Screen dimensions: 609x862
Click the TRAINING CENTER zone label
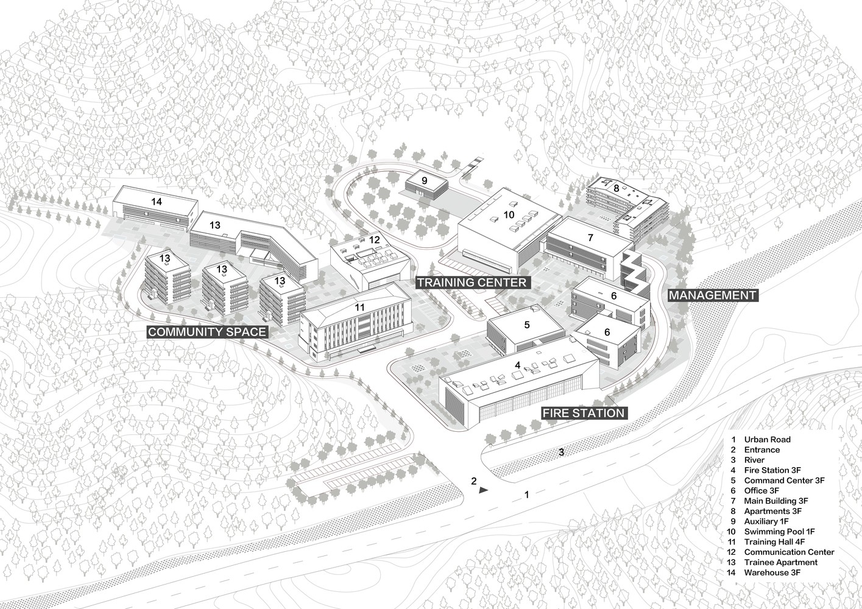472,283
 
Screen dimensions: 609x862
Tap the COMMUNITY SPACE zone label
207,332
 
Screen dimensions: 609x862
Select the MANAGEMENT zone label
713,295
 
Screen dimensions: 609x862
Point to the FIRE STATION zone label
584,414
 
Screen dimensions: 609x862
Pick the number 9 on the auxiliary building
425,180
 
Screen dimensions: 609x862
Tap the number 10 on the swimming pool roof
509,214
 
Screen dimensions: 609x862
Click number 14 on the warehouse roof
157,202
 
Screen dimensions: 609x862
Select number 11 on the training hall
359,308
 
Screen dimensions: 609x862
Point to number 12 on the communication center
374,240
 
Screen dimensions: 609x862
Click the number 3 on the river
562,452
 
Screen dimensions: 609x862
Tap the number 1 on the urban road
527,495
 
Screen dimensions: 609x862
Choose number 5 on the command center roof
527,325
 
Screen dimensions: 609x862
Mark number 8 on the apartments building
616,188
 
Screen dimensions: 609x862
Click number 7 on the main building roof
590,238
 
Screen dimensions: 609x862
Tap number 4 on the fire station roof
517,365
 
